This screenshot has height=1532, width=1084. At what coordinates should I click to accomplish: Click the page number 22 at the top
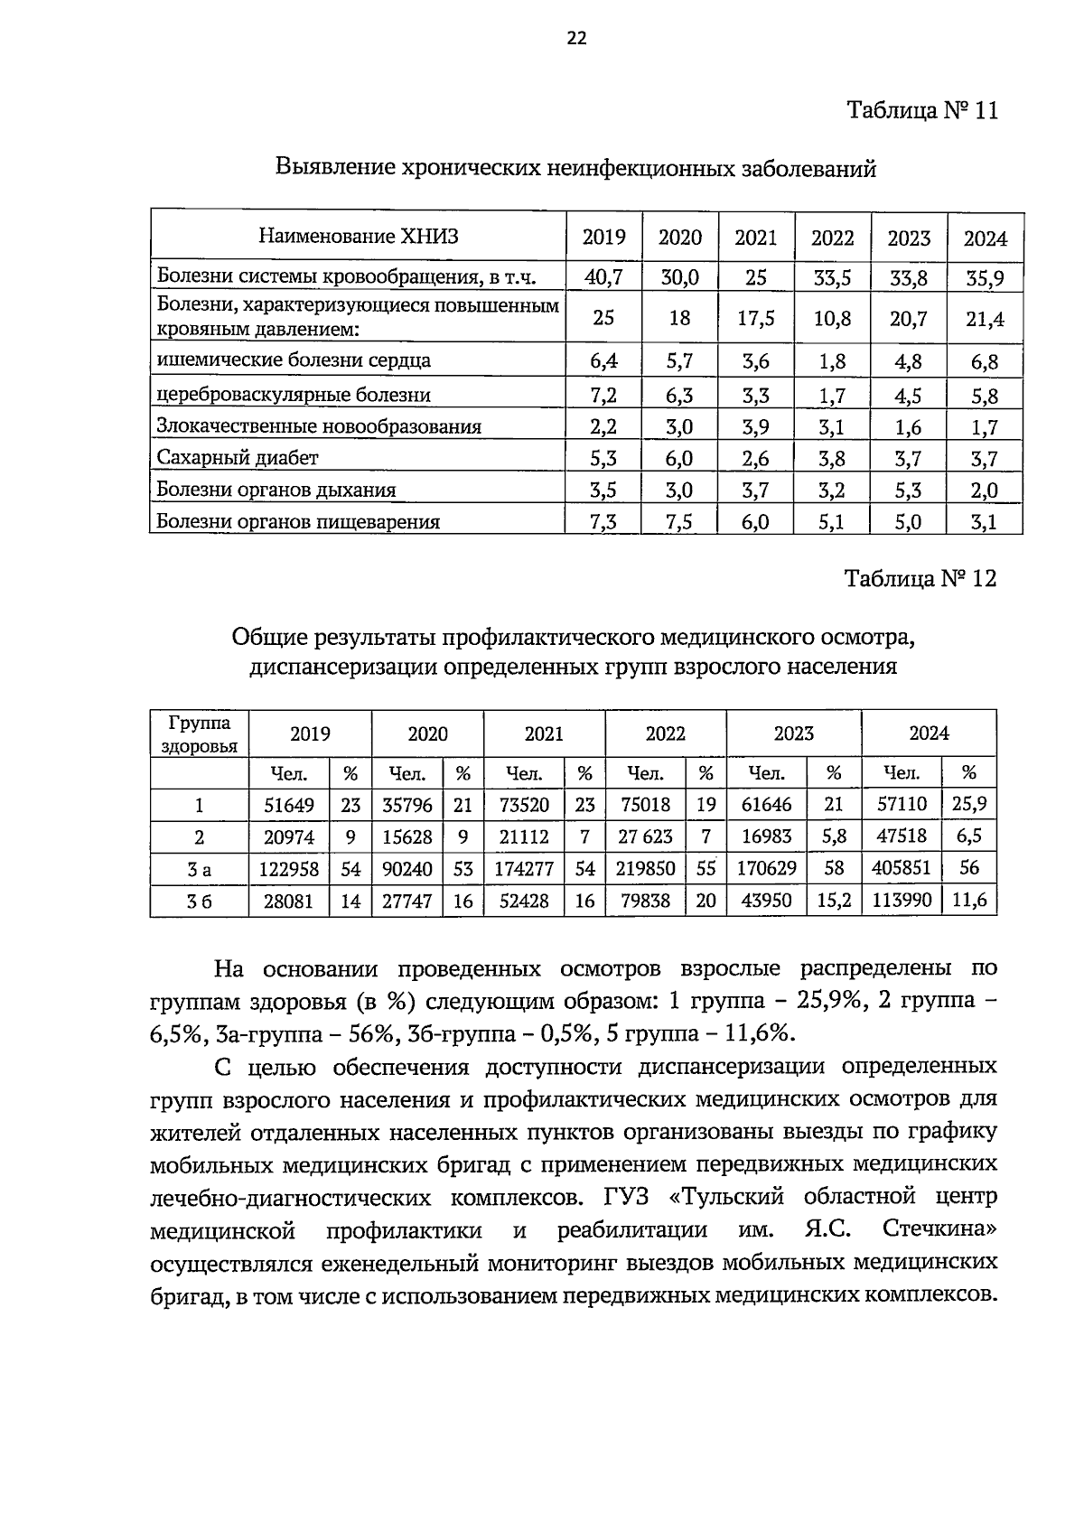tap(576, 37)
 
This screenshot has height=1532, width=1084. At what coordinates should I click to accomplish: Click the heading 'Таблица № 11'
tap(921, 111)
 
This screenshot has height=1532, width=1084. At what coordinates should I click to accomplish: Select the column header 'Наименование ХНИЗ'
tap(359, 237)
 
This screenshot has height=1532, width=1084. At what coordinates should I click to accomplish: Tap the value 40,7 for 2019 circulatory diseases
tap(603, 277)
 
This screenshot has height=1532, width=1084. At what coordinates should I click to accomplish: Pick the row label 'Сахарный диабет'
tap(238, 458)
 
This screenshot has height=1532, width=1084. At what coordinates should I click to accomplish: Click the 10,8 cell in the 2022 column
tap(832, 318)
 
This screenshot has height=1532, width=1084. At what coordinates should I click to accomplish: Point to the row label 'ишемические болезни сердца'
tap(294, 360)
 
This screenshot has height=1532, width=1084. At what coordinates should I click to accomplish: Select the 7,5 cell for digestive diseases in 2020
tap(679, 521)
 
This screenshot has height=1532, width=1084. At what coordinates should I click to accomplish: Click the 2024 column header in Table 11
tap(985, 238)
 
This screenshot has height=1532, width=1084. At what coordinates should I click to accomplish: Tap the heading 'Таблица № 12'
tap(920, 578)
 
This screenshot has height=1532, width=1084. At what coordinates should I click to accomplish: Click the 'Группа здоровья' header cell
tap(199, 733)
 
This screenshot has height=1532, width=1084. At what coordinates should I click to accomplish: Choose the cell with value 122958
tap(289, 868)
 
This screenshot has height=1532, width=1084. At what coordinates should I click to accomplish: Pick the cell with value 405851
tap(901, 868)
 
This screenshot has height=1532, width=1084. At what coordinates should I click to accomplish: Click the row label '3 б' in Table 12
tap(199, 901)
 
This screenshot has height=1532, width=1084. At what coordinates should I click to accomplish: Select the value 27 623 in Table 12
tap(645, 836)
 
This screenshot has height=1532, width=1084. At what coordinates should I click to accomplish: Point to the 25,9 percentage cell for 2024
tap(968, 804)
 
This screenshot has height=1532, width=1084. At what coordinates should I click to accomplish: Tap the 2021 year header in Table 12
tap(544, 733)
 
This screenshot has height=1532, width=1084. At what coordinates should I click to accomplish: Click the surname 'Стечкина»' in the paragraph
tap(939, 1230)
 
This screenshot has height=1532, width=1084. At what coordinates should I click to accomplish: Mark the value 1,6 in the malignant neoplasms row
tap(908, 426)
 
